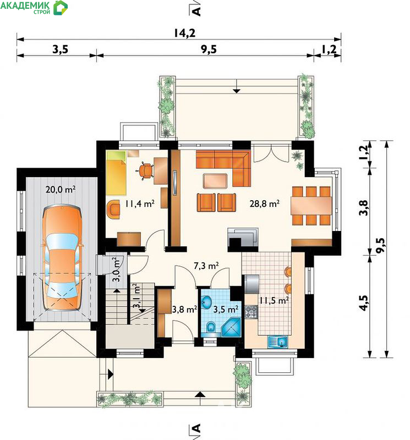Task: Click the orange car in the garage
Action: point(62,258)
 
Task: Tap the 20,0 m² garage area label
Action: point(61,189)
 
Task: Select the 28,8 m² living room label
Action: point(265,203)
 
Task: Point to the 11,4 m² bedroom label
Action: point(140,203)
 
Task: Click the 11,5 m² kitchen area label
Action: point(274,300)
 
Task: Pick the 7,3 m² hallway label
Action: point(206,266)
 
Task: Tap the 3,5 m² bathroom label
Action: point(226,309)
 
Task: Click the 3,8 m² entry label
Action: point(184,309)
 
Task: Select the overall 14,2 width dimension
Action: point(184,33)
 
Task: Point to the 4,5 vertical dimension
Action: point(364,303)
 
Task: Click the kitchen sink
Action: point(277,342)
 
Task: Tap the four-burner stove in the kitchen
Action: point(252,312)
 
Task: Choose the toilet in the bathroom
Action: point(211,327)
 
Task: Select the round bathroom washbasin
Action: point(207,302)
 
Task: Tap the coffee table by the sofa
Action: point(215,181)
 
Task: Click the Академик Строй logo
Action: point(34,7)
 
